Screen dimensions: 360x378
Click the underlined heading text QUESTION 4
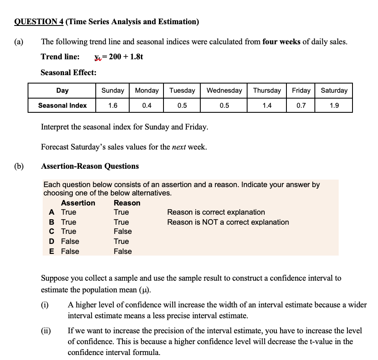click(38, 22)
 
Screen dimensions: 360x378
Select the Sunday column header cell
click(112, 91)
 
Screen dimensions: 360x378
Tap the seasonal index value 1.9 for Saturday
click(334, 106)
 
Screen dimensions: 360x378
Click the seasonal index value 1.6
click(112, 106)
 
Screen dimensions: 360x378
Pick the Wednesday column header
click(224, 91)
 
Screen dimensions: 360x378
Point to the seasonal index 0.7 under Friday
click(301, 106)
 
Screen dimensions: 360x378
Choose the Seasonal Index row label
click(62, 106)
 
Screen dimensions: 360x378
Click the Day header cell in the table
click(62, 91)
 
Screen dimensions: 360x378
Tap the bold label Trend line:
click(60, 57)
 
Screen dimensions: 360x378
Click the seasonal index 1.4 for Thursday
click(267, 106)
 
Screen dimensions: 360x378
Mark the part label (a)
click(19, 42)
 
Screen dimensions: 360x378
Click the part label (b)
click(19, 166)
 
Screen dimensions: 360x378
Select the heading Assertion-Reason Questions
click(90, 166)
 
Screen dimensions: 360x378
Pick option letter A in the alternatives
click(51, 212)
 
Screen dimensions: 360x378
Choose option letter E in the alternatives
click(51, 251)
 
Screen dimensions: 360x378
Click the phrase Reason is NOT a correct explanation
click(228, 222)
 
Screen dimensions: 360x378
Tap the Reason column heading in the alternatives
click(127, 203)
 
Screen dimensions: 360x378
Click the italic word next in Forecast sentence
click(179, 147)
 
